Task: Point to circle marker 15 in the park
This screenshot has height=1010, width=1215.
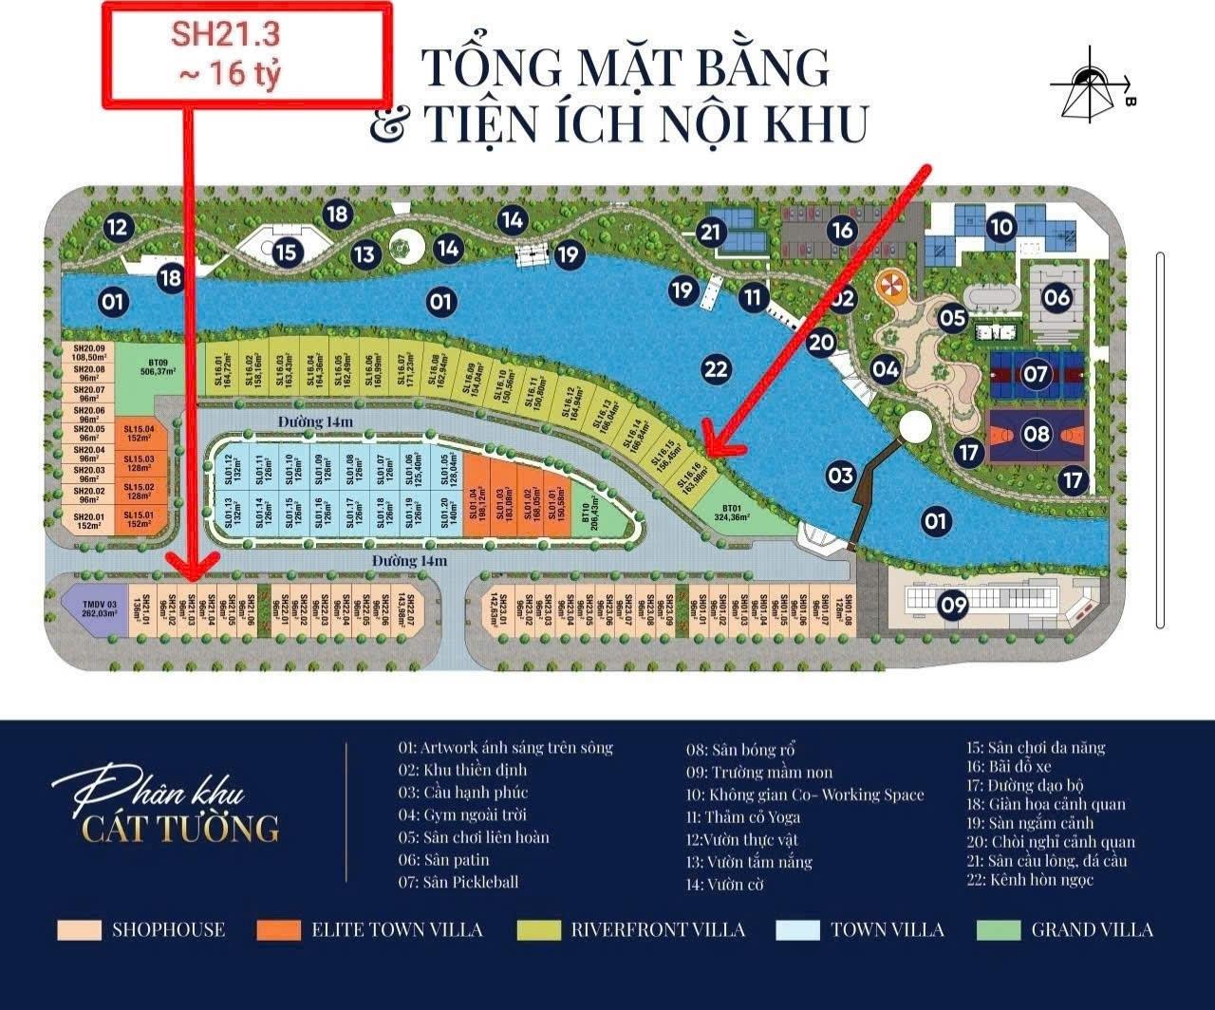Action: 287,253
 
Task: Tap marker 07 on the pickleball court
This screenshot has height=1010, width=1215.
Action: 1036,374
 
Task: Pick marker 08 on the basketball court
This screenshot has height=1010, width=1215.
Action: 1038,436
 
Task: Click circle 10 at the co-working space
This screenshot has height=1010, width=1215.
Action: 1001,227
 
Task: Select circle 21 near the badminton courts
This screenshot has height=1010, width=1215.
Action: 711,232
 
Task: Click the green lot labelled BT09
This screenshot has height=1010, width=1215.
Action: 158,366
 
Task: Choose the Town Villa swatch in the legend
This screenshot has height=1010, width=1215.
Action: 797,930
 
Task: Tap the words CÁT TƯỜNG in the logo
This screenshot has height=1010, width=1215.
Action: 180,828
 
